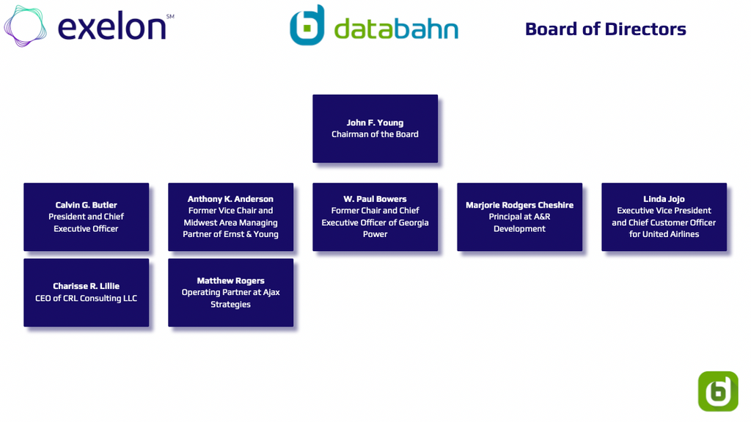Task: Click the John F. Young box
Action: pos(375,128)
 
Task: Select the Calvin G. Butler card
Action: pos(86,217)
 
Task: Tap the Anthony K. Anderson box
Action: pos(230,217)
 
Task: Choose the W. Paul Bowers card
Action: pos(375,217)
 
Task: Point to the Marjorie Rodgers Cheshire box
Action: pos(519,217)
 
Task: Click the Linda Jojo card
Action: pos(664,217)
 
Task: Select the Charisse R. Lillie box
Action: pos(86,292)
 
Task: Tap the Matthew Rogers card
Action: pos(230,292)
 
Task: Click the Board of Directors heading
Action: pos(605,29)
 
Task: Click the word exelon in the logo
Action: pos(111,28)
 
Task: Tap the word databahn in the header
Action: pos(396,29)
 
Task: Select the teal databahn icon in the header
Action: pos(307,25)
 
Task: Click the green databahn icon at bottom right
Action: pos(718,390)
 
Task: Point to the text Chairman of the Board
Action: pos(375,134)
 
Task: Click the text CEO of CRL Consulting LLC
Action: pos(86,299)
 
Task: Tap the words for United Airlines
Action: pos(664,234)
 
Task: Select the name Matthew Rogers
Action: pos(230,280)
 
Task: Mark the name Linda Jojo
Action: pos(664,199)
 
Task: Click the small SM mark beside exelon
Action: pos(170,16)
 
